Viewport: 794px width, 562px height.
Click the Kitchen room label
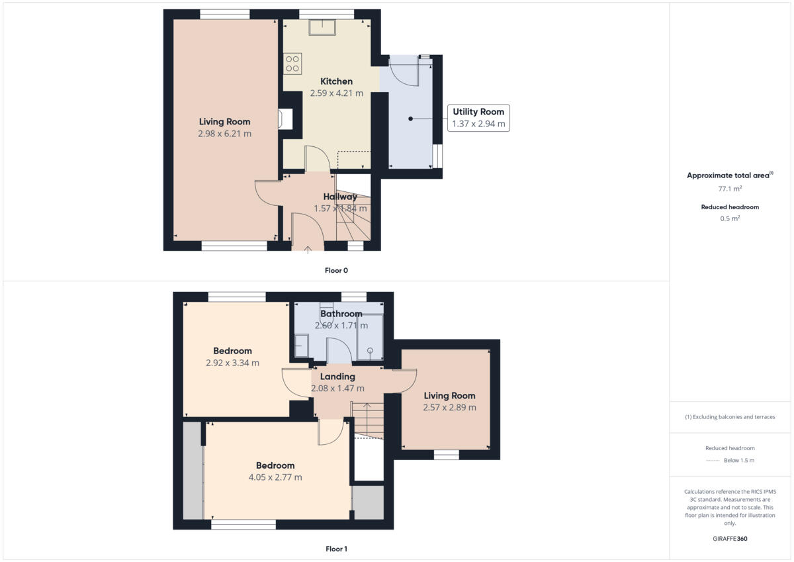click(336, 81)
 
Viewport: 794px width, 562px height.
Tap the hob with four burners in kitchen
click(292, 64)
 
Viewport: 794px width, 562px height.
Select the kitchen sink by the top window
click(322, 27)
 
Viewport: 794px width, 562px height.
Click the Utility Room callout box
click(478, 118)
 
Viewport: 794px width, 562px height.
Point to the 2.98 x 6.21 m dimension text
click(224, 134)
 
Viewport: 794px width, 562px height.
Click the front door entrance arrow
click(308, 249)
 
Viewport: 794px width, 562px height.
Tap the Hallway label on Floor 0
click(340, 197)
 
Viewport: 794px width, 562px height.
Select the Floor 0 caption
click(336, 270)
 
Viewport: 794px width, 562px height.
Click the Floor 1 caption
click(336, 549)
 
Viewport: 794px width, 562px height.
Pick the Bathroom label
click(341, 314)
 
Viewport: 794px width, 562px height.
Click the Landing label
click(337, 377)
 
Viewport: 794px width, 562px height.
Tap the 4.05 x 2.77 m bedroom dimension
click(275, 477)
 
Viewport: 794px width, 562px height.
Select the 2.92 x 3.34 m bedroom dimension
click(232, 363)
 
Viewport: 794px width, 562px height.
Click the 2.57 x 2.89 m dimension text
click(449, 408)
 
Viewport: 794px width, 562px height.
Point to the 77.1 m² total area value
click(730, 188)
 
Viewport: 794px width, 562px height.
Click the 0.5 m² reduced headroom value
click(730, 218)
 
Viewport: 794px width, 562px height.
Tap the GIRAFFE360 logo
click(730, 539)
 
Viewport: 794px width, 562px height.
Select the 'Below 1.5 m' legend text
click(738, 460)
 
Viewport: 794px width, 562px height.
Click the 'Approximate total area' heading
click(729, 175)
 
